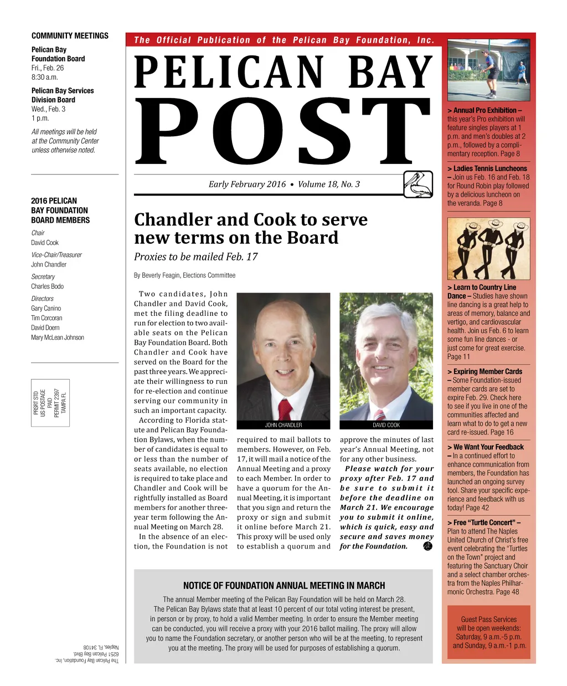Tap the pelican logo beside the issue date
click(x=418, y=185)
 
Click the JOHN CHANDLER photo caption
click(x=283, y=425)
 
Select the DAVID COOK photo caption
click(x=386, y=425)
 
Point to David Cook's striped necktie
click(x=379, y=414)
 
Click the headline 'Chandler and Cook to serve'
click(x=251, y=219)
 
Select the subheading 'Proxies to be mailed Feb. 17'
click(x=195, y=257)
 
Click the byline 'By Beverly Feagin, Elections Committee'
click(x=184, y=275)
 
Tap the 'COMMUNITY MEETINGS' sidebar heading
click(x=70, y=35)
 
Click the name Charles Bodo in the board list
click(x=47, y=286)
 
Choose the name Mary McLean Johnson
click(x=58, y=337)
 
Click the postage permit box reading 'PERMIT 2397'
click(x=50, y=403)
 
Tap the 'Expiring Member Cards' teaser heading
click(x=487, y=372)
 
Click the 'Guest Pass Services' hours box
click(x=488, y=633)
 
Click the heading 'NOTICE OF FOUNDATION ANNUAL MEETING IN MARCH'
click(x=283, y=586)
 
